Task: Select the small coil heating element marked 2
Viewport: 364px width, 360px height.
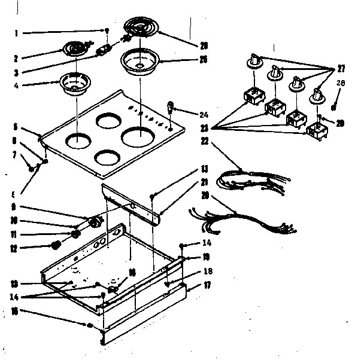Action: coord(76,46)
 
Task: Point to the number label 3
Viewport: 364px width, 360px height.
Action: coord(17,72)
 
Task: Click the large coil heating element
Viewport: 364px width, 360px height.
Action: coord(139,28)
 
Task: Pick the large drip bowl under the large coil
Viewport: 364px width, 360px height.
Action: coord(139,61)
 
